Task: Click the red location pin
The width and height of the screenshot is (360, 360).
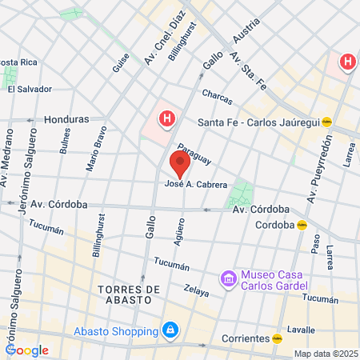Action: [x=180, y=165]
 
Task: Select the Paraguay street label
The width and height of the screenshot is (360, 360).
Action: [x=194, y=154]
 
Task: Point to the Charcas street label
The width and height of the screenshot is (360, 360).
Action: [x=217, y=96]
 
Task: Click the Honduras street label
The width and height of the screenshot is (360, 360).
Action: [x=66, y=119]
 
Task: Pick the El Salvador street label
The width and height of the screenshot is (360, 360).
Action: [x=30, y=89]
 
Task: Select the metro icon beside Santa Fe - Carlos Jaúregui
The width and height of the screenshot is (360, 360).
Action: [x=327, y=122]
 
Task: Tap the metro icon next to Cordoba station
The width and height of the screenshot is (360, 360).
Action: [x=301, y=225]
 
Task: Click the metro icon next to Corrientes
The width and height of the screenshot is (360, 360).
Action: [x=277, y=338]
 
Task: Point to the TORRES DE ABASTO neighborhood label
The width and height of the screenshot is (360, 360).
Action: [x=123, y=294]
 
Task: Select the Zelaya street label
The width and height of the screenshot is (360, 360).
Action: [x=195, y=290]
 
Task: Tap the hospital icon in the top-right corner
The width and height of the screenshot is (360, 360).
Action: [x=347, y=62]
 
